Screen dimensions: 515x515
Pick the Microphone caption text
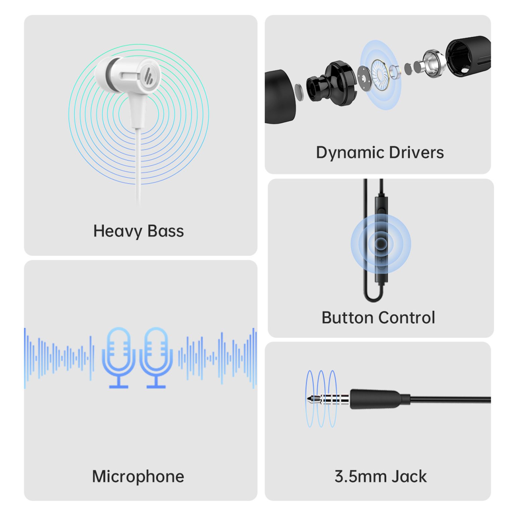pos(138,477)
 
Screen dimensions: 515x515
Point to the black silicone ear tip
pos(280,97)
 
